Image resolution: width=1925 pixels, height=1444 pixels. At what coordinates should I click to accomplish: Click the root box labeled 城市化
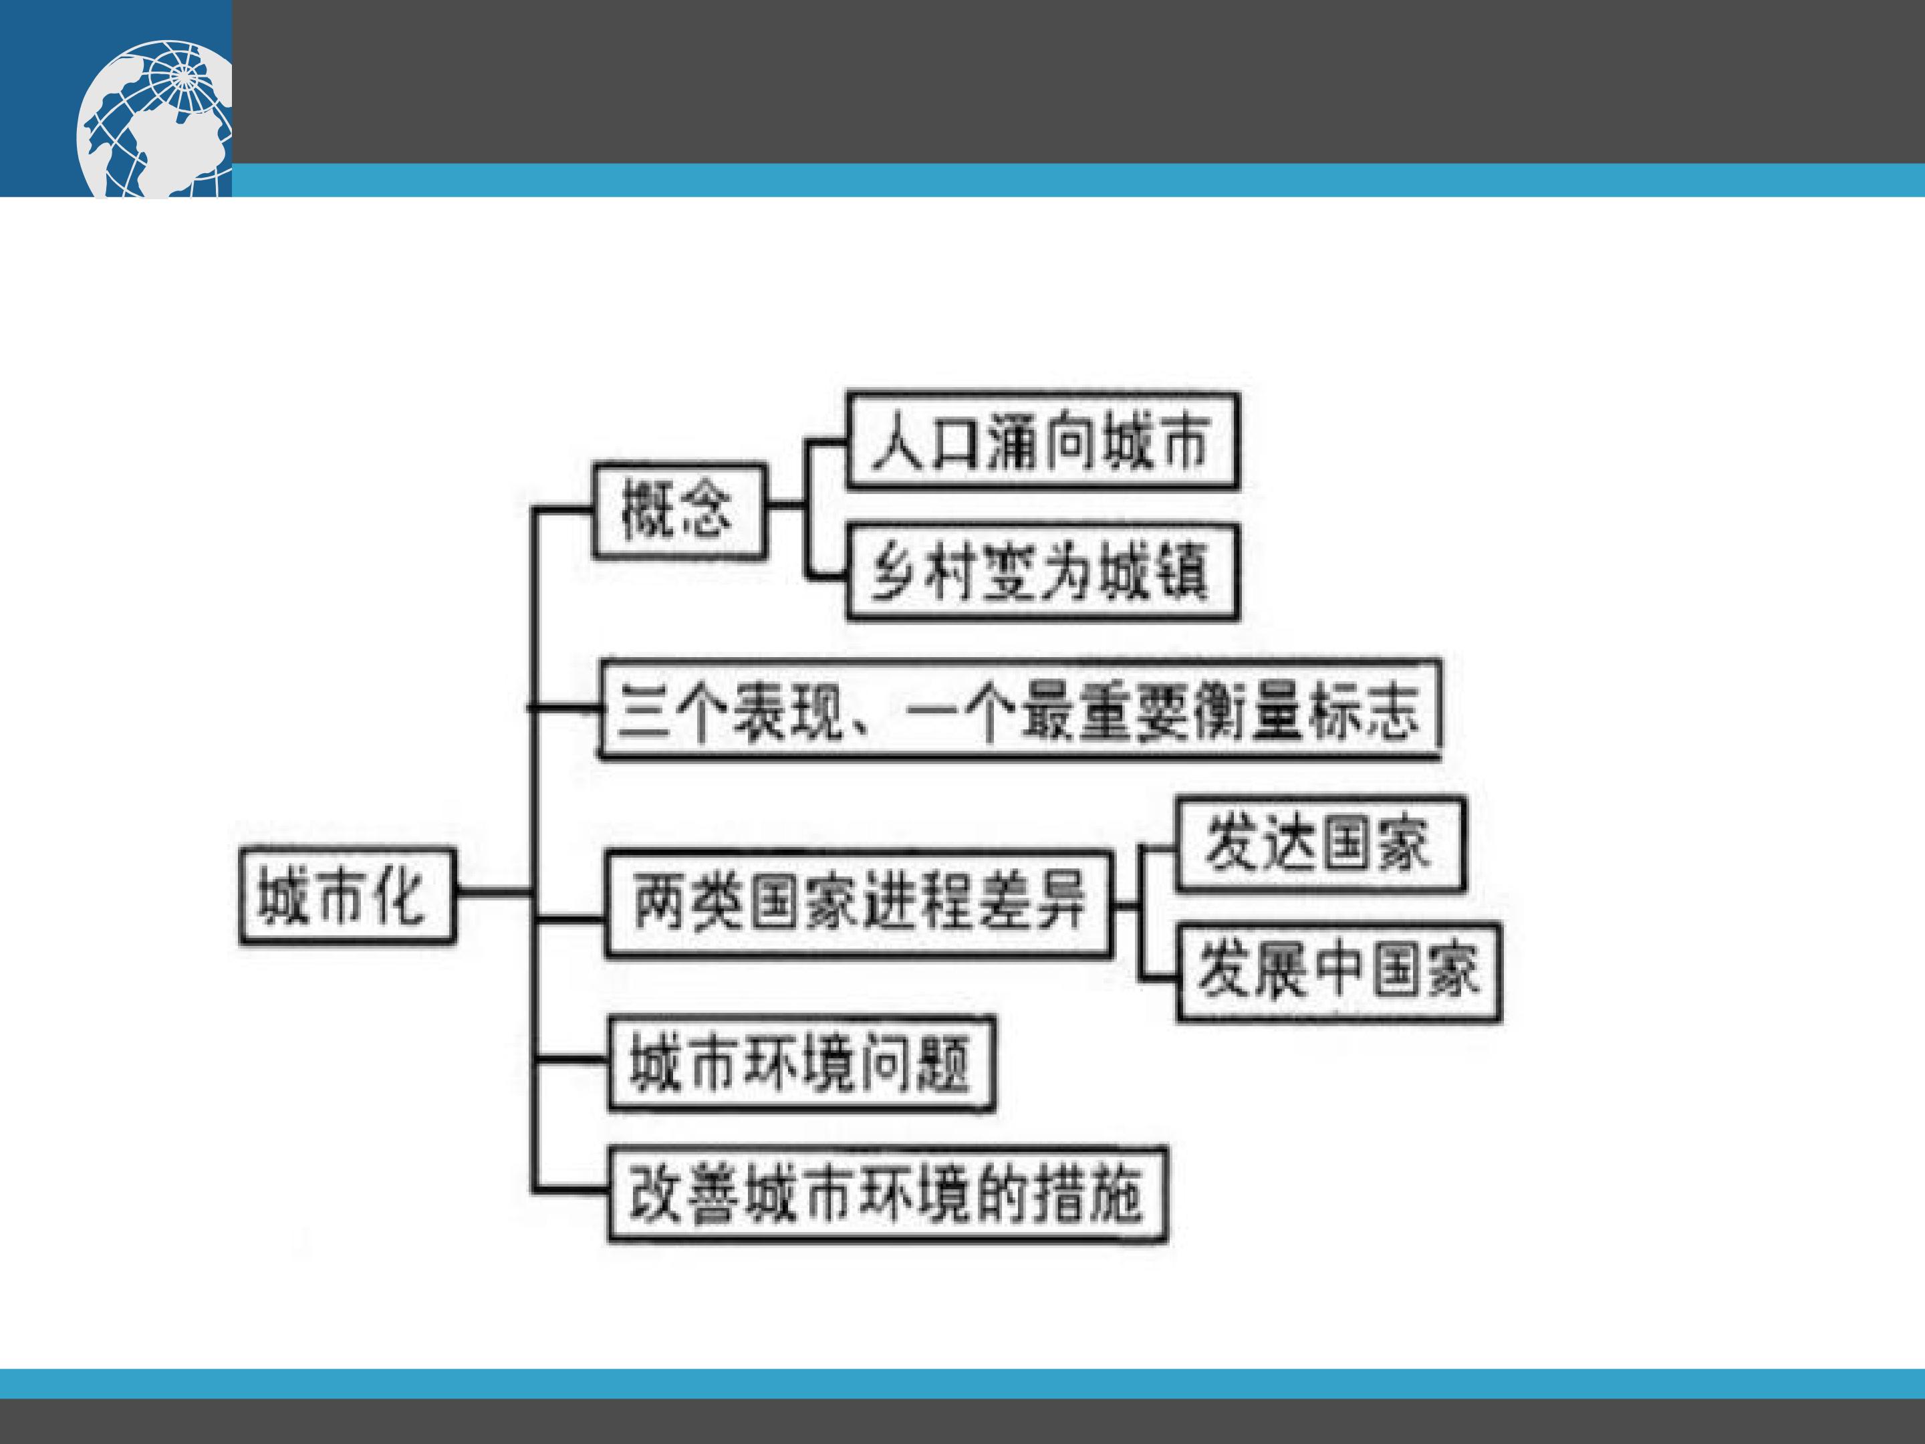(347, 896)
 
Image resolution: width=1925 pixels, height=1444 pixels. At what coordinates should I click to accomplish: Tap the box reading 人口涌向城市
(1043, 441)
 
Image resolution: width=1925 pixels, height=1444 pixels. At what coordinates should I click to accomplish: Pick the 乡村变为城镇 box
(1043, 571)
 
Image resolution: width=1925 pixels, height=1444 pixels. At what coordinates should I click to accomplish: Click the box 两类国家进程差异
(859, 905)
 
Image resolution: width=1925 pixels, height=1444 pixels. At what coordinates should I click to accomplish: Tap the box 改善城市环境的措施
(887, 1194)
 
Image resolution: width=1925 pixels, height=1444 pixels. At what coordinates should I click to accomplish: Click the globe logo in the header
(155, 118)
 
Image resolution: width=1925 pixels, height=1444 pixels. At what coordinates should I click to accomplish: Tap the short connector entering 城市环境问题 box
(570, 1060)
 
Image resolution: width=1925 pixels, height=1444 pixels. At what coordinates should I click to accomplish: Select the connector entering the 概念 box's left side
(563, 507)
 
